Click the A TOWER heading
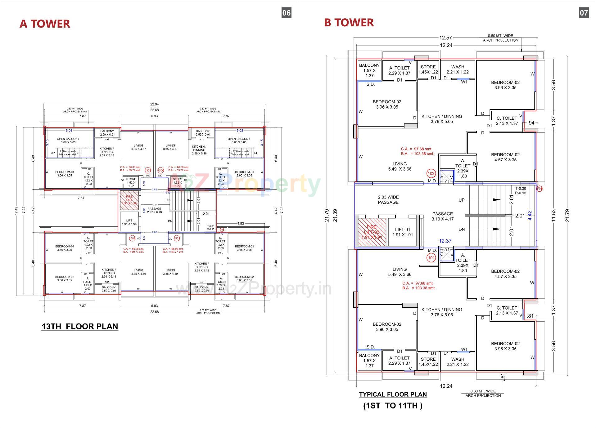tap(45, 24)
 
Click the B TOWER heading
tap(349, 22)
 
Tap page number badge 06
tap(286, 13)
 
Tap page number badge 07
tap(584, 13)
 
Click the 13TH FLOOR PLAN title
tap(80, 326)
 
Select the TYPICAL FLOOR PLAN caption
tap(393, 394)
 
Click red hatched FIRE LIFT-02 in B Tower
tap(372, 232)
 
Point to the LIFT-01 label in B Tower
tap(402, 232)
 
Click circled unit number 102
tap(431, 173)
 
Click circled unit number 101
tap(431, 258)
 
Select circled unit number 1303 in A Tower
tap(148, 170)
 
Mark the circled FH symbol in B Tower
tap(540, 188)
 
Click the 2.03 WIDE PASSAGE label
tap(388, 199)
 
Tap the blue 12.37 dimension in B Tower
tap(445, 241)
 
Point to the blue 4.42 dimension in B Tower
tap(530, 215)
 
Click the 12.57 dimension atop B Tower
tap(445, 38)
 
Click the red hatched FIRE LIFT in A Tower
tap(129, 200)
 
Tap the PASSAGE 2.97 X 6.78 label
tap(154, 210)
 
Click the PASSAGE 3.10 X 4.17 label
tap(442, 216)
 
